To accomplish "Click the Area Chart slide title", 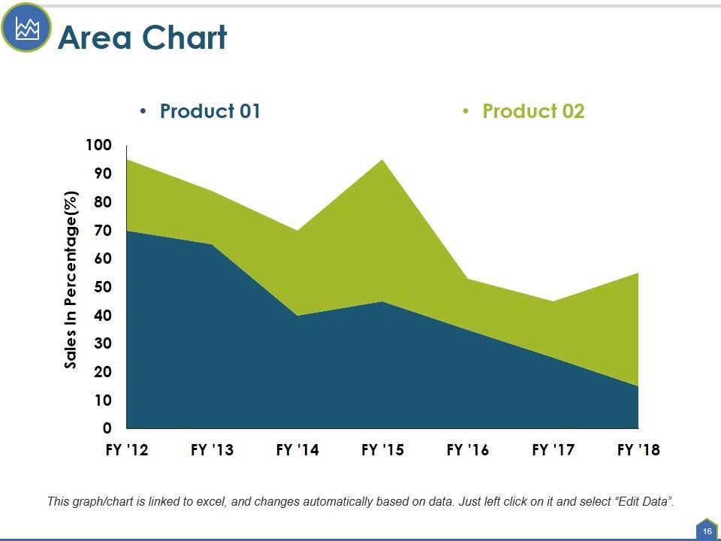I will (142, 38).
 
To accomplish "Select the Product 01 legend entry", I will (210, 111).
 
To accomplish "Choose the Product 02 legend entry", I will (533, 111).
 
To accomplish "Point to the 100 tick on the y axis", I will (98, 145).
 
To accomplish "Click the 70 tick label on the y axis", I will (102, 231).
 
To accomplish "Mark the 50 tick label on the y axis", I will (102, 287).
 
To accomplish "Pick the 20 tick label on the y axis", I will (102, 372).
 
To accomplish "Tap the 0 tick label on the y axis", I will (107, 428).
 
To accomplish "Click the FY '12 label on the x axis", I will (127, 450).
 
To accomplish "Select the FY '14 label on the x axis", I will (297, 450).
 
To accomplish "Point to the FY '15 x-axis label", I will (382, 450).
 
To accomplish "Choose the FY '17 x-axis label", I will (554, 450).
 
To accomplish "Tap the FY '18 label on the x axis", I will (638, 450).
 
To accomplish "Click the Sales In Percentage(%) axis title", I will (71, 280).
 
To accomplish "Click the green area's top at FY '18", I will (638, 274).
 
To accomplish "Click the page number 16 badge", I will (707, 531).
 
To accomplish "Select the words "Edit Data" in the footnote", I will (644, 501).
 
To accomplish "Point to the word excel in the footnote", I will (215, 501).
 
